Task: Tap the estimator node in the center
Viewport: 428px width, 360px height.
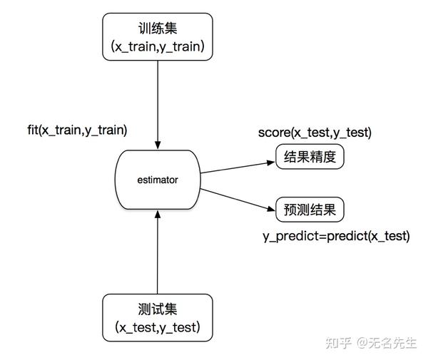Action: [x=157, y=180]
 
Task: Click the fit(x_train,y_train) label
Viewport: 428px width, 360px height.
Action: [x=76, y=130]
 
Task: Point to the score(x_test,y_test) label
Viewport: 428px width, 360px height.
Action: [x=315, y=133]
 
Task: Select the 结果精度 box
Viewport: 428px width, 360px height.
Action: [x=310, y=156]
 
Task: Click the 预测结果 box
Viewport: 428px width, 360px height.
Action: [x=310, y=210]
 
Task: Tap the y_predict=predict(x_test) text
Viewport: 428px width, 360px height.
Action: [x=336, y=236]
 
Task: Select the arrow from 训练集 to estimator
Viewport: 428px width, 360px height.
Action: [x=157, y=100]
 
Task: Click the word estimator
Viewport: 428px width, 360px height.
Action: [x=157, y=180]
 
